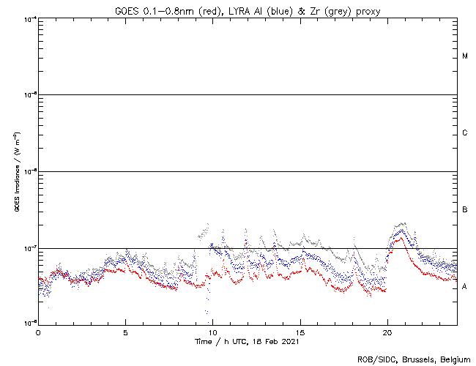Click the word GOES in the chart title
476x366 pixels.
[127, 10]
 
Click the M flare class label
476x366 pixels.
[465, 56]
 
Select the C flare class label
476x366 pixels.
[465, 133]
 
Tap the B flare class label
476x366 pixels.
[465, 210]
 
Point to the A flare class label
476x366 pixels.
[465, 287]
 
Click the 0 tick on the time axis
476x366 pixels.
[38, 332]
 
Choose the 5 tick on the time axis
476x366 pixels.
[125, 332]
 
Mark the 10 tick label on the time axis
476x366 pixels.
[212, 332]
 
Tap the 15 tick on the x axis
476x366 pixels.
[300, 332]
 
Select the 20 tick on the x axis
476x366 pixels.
[387, 332]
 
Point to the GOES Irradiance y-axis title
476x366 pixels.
[16, 172]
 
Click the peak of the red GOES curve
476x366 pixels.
[400, 238]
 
